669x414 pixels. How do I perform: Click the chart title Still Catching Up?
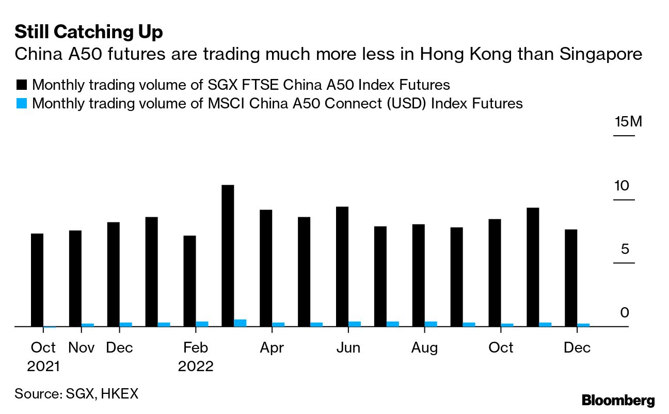(x=88, y=33)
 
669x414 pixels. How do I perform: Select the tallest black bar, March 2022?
(x=228, y=256)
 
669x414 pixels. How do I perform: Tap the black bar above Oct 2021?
(x=37, y=280)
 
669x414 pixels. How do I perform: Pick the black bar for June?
(x=342, y=266)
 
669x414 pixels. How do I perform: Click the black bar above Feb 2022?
(x=189, y=281)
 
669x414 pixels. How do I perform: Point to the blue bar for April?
(x=279, y=324)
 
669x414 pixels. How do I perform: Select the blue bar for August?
(x=431, y=324)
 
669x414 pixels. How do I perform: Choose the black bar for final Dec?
(x=571, y=278)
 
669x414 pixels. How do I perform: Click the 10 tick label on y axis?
(x=622, y=185)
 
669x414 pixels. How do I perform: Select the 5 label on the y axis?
(x=625, y=249)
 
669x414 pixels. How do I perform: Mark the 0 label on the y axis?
(x=625, y=313)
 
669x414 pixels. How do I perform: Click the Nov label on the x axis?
(x=82, y=348)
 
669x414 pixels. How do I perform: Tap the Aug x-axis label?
(x=424, y=348)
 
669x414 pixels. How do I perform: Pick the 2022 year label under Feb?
(x=196, y=367)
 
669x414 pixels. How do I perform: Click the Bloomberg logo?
(x=618, y=400)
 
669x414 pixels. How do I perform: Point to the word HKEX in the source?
(x=119, y=394)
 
